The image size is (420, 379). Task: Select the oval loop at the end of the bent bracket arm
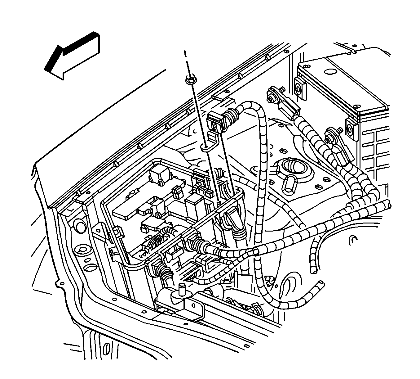205,147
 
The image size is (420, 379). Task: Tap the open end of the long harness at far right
387,204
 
